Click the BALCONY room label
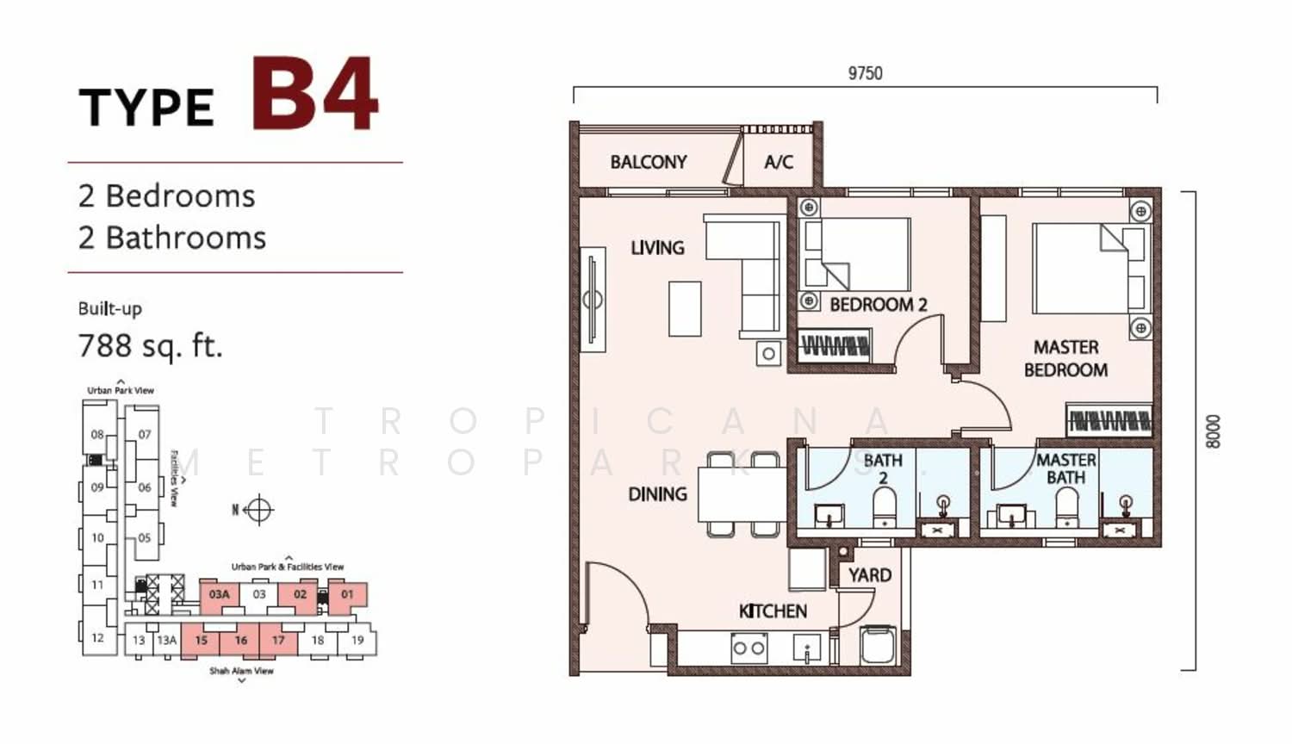649,162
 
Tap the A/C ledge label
779,162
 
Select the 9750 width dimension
865,73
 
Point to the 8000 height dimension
1213,431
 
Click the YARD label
870,575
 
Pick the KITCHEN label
773,611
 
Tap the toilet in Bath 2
885,507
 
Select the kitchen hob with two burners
749,648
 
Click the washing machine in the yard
878,646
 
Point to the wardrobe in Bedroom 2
835,346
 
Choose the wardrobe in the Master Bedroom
1109,419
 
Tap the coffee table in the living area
685,308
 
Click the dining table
742,494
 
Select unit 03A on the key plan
219,595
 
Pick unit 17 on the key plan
278,640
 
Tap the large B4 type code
315,94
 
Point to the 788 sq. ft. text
151,346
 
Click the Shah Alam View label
242,671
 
